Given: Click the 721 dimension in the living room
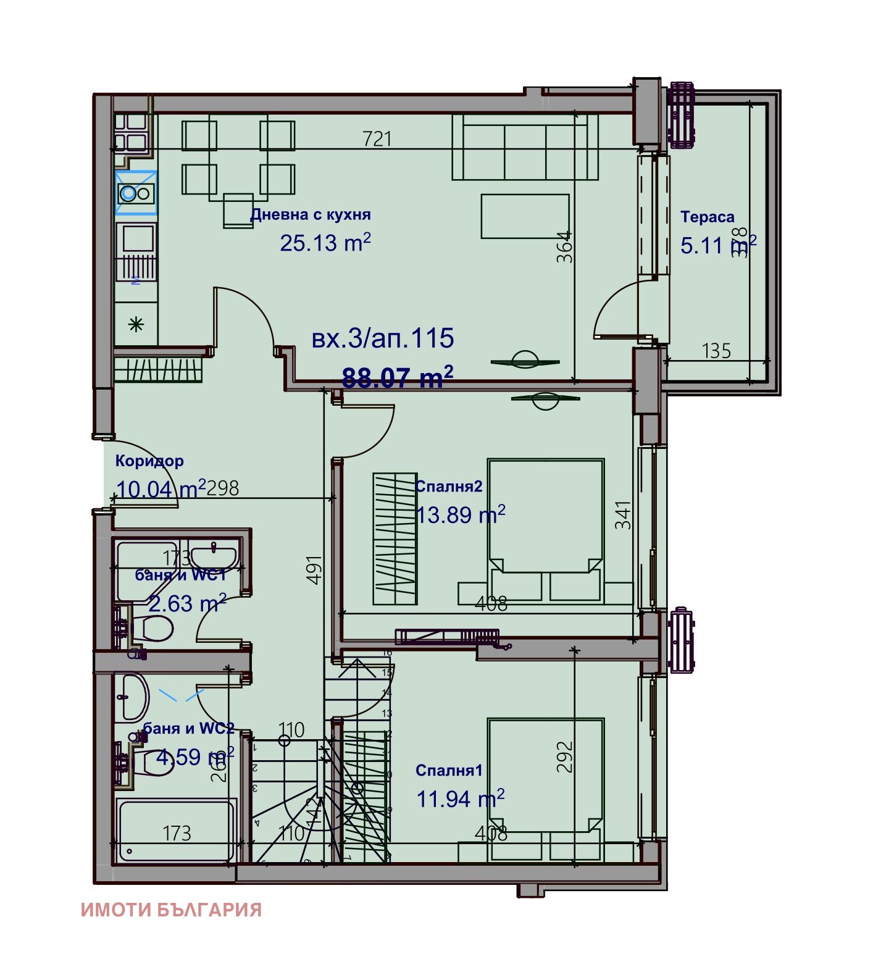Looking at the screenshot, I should (x=377, y=138).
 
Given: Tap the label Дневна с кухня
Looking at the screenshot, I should (x=310, y=215).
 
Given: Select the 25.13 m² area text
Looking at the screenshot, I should (x=325, y=243).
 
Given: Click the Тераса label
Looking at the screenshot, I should (x=707, y=217).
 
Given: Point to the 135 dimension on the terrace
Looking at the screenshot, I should (x=716, y=351).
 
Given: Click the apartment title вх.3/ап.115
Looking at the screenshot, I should (x=383, y=338).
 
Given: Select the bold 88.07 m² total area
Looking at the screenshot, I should (x=397, y=377).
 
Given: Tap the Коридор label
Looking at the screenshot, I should (x=149, y=461).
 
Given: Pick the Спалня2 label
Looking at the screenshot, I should (x=448, y=486).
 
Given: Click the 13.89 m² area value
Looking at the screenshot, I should (x=460, y=514).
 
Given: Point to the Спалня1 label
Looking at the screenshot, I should (x=449, y=770).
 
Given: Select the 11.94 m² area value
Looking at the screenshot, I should (x=460, y=798).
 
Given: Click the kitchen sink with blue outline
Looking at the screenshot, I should (x=136, y=193).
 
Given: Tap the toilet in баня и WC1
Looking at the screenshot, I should (x=154, y=628).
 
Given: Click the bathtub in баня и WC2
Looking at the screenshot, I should (x=176, y=831).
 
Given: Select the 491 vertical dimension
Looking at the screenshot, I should (x=314, y=569).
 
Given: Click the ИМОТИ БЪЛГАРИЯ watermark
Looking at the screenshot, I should (x=171, y=910).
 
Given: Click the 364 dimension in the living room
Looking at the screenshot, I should (x=564, y=247).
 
